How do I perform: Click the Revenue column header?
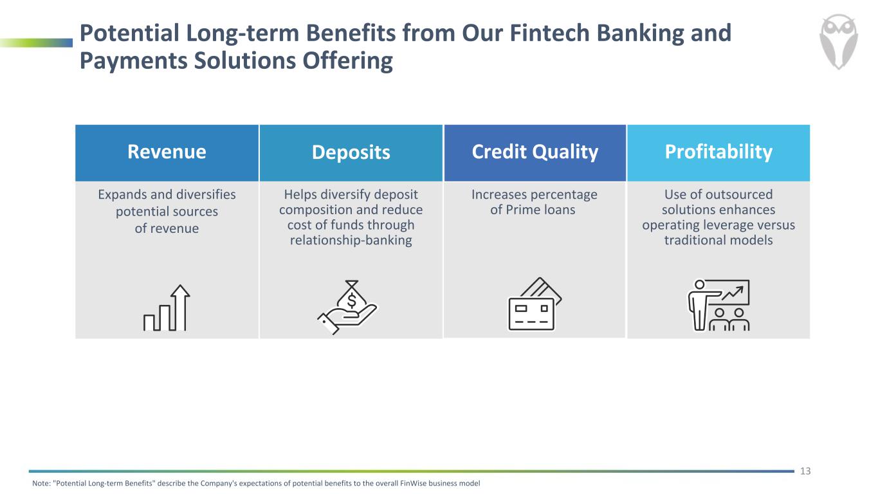(167, 152)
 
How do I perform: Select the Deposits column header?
(351, 152)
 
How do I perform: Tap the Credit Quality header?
(535, 152)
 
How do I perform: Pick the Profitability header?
(718, 152)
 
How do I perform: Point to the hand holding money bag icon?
(347, 307)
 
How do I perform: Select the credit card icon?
(535, 304)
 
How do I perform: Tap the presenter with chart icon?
(718, 305)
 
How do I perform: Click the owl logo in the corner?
(838, 42)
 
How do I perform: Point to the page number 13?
(805, 471)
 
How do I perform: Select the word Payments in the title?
(134, 62)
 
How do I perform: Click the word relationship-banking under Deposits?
(351, 241)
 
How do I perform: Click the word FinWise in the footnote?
(413, 484)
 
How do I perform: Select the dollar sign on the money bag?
(352, 301)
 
